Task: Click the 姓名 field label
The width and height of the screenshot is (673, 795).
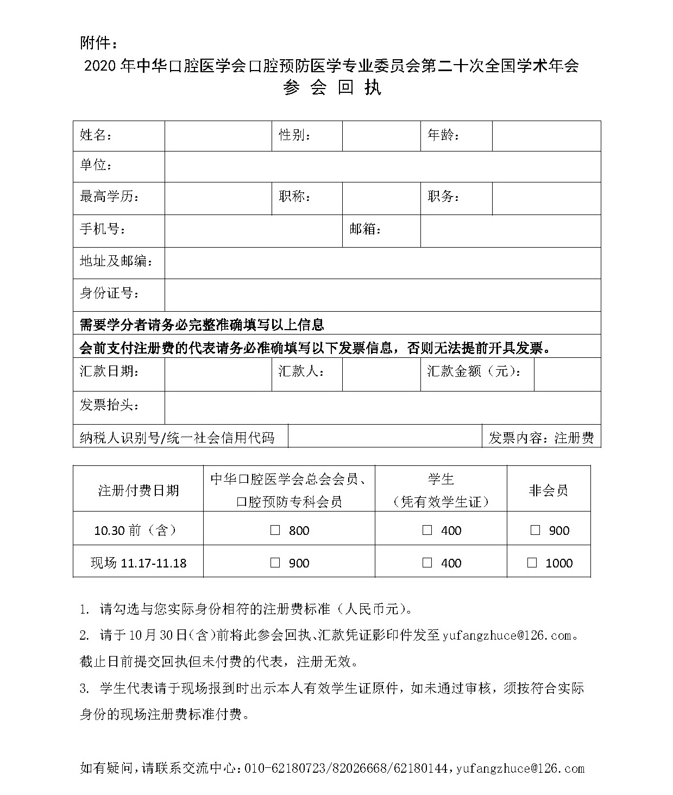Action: coord(96,135)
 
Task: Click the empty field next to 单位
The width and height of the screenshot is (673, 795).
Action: coord(382,166)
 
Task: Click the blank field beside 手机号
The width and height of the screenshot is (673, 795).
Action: coord(253,231)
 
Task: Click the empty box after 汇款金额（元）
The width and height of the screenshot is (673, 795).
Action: coord(567,374)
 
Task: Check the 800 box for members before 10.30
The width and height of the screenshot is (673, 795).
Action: coord(275,530)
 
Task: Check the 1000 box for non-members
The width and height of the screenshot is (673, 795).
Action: coord(532,563)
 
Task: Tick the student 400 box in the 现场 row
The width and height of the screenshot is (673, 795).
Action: coord(427,563)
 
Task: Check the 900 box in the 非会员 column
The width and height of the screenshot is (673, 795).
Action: coord(536,530)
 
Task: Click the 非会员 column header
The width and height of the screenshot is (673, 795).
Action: coord(548,490)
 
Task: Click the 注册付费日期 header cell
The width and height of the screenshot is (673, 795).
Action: coord(138,490)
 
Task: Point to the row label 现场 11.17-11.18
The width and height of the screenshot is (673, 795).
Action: coord(138,563)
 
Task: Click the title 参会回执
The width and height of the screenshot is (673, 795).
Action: coord(332,87)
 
